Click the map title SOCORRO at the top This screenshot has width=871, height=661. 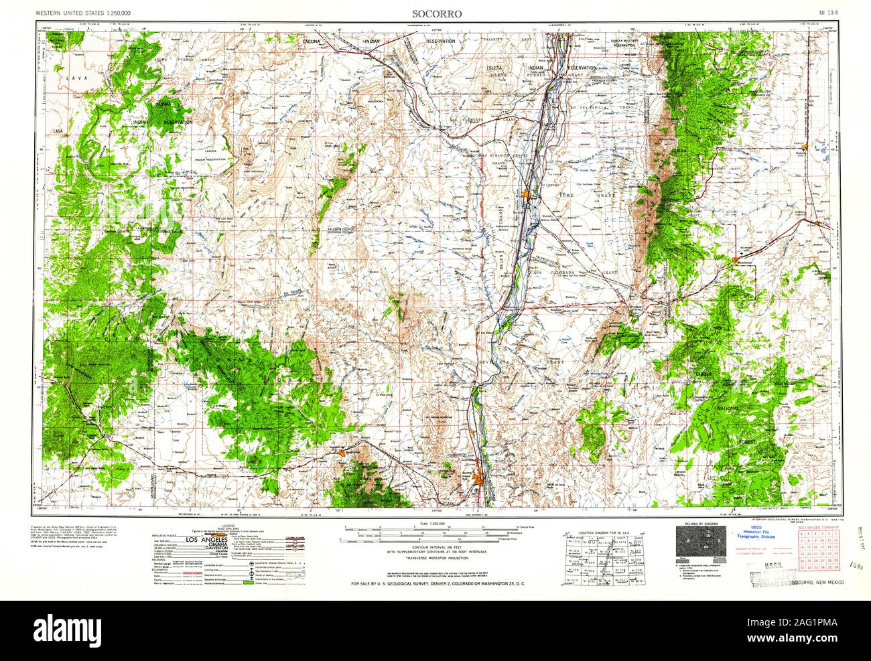[x=436, y=13]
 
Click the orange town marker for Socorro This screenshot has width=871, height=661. [x=477, y=479]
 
